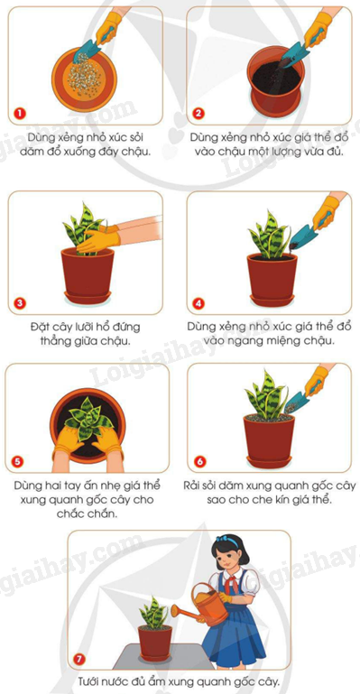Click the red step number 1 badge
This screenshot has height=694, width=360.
20,114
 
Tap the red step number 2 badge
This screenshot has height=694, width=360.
198,114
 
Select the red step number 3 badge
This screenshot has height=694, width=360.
20,303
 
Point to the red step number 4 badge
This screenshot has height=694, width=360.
199,303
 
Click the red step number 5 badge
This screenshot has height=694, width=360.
17,462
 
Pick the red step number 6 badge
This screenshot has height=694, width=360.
199,462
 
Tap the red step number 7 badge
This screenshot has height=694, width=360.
79,660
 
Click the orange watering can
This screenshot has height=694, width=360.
203,604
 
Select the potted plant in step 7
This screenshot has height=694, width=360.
154,629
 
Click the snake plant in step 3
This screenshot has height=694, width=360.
83,229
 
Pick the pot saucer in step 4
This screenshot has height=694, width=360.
272,301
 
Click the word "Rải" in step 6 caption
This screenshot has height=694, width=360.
192,486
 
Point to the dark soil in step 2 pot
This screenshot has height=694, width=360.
276,78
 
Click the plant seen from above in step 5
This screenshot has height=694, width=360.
88,418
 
